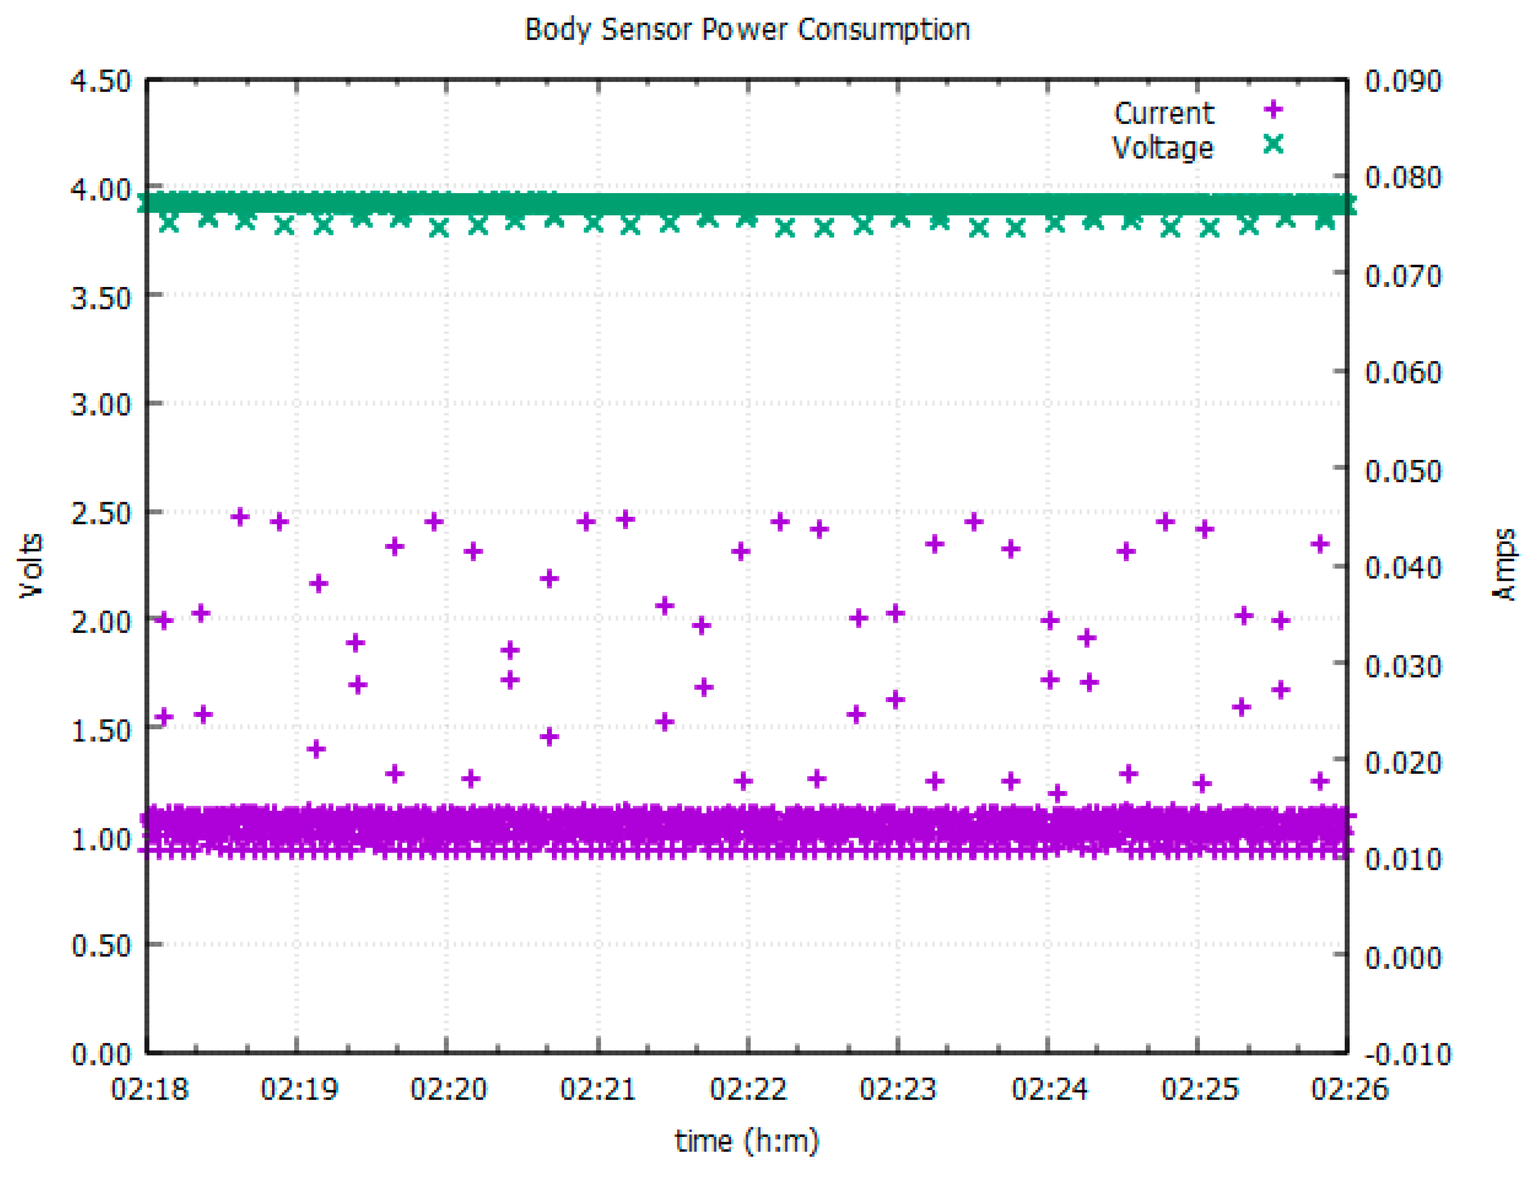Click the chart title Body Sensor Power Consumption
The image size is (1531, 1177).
point(747,29)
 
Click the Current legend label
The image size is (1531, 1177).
point(1163,113)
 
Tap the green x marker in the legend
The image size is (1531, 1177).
point(1273,144)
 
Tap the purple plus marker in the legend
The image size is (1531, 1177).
point(1273,110)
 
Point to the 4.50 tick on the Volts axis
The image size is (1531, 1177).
point(101,81)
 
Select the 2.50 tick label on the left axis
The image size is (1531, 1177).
point(101,513)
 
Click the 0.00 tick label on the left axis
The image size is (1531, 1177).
point(101,1055)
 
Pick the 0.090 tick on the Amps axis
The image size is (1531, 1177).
point(1403,81)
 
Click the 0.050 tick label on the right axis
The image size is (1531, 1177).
point(1403,471)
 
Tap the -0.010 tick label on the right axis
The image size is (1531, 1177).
point(1407,1055)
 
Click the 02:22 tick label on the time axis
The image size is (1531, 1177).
point(748,1090)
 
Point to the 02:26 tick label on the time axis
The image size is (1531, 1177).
point(1349,1090)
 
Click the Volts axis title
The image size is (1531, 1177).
point(31,565)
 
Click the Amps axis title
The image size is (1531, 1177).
point(1504,565)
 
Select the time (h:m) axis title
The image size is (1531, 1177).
point(747,1141)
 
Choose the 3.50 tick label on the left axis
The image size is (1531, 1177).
point(101,298)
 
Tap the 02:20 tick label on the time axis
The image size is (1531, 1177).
point(448,1090)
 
